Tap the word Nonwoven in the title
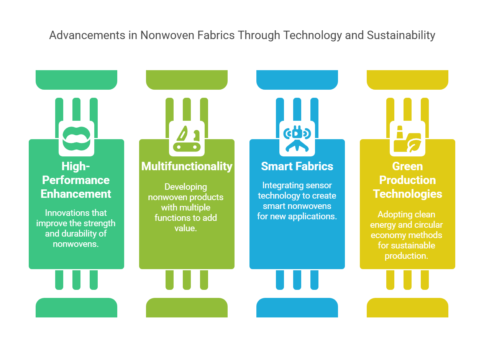click(x=167, y=35)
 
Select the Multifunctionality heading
click(x=187, y=166)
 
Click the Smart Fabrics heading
click(x=297, y=166)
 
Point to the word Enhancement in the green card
click(x=76, y=194)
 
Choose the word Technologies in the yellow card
click(x=407, y=194)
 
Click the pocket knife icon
click(x=187, y=138)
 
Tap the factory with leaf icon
click(x=407, y=139)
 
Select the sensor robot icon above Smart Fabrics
click(x=297, y=138)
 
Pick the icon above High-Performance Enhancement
click(x=76, y=138)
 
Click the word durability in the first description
click(x=80, y=233)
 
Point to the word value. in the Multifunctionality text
click(x=185, y=228)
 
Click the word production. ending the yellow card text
click(x=406, y=256)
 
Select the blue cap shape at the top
click(x=297, y=80)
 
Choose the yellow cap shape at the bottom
click(x=407, y=307)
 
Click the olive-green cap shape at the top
click(x=187, y=80)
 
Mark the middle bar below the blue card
click(x=297, y=280)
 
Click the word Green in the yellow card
click(x=407, y=166)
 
